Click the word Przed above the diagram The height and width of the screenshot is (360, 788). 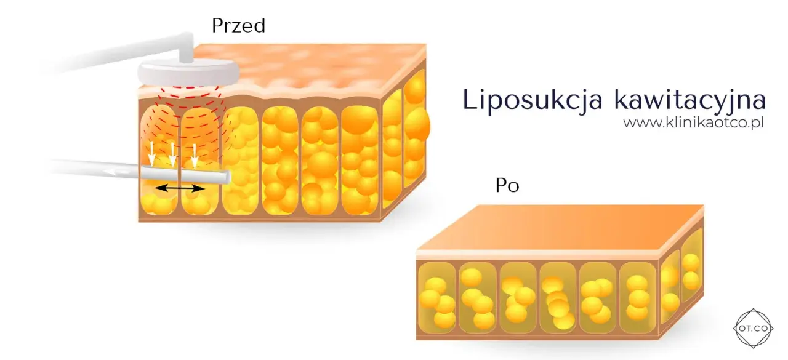tap(238, 26)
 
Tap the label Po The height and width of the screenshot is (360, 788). tap(507, 185)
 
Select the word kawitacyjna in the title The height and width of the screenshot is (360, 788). tap(690, 100)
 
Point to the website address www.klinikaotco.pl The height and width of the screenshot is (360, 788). tap(693, 122)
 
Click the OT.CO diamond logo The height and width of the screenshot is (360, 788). tap(753, 329)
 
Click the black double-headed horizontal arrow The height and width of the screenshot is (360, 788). tap(179, 188)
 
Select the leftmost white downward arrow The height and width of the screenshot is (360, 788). tap(151, 154)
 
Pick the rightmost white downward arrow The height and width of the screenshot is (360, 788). tap(195, 156)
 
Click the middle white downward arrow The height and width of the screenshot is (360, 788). tap(172, 154)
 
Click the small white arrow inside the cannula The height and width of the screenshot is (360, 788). tap(118, 172)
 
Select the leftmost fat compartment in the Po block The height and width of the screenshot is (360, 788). tap(437, 297)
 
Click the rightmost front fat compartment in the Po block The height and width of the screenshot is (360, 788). tap(638, 297)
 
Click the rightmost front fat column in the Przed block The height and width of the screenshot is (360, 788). tap(360, 161)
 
